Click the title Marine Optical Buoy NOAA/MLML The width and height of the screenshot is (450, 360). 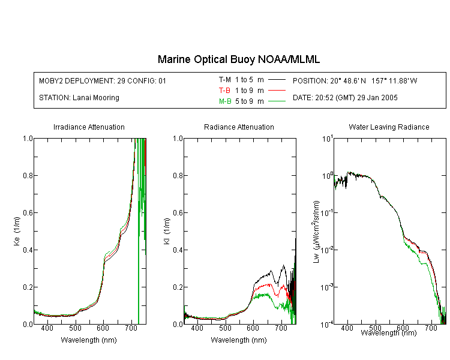click(239, 59)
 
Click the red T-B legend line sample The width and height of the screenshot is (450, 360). click(277, 91)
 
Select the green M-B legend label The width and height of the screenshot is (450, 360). click(225, 101)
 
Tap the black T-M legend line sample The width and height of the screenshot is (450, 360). click(277, 80)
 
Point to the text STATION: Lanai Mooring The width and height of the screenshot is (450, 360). click(79, 98)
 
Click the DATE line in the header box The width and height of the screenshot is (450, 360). click(345, 98)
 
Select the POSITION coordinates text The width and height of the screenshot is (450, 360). click(355, 80)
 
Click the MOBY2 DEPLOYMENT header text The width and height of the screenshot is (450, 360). click(103, 80)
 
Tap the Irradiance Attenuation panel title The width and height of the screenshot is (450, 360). click(89, 127)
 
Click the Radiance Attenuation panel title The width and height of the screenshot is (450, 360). click(239, 127)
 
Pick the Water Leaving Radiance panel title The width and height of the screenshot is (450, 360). click(389, 127)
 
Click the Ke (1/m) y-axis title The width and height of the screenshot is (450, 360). click(17, 231)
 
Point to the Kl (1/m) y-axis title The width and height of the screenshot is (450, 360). click(167, 231)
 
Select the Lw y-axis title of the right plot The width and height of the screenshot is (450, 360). click(316, 232)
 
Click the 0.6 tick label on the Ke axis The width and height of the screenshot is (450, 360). click(28, 213)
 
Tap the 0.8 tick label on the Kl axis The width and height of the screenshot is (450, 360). click(178, 175)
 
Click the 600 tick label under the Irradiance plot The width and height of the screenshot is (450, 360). click(103, 328)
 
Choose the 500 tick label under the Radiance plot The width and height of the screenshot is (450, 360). click(225, 328)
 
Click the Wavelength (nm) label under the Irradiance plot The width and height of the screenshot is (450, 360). click(89, 340)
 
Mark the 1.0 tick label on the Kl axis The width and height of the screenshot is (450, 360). click(178, 139)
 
